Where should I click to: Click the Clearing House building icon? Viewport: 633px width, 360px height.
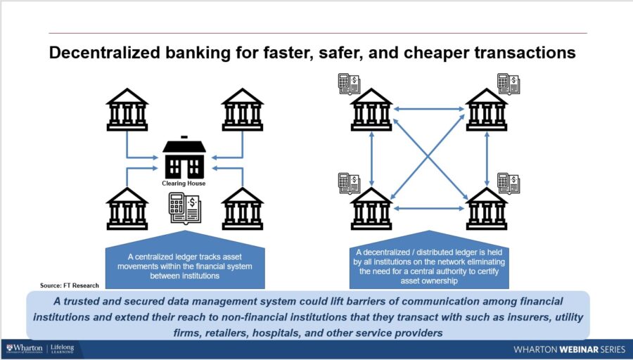(184, 159)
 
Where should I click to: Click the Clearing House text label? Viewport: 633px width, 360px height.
(184, 184)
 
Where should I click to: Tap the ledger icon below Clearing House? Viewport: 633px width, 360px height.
(184, 208)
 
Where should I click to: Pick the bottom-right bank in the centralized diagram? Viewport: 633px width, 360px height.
(243, 209)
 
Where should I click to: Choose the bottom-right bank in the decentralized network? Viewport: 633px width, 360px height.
(487, 209)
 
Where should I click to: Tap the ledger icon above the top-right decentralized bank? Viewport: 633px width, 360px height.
(508, 84)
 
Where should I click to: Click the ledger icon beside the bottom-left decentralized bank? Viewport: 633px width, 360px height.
(349, 183)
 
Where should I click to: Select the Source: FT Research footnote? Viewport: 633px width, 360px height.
(69, 285)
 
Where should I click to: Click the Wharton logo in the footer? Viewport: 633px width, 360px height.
(25, 348)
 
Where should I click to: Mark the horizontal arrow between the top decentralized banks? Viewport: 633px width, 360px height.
(429, 109)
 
